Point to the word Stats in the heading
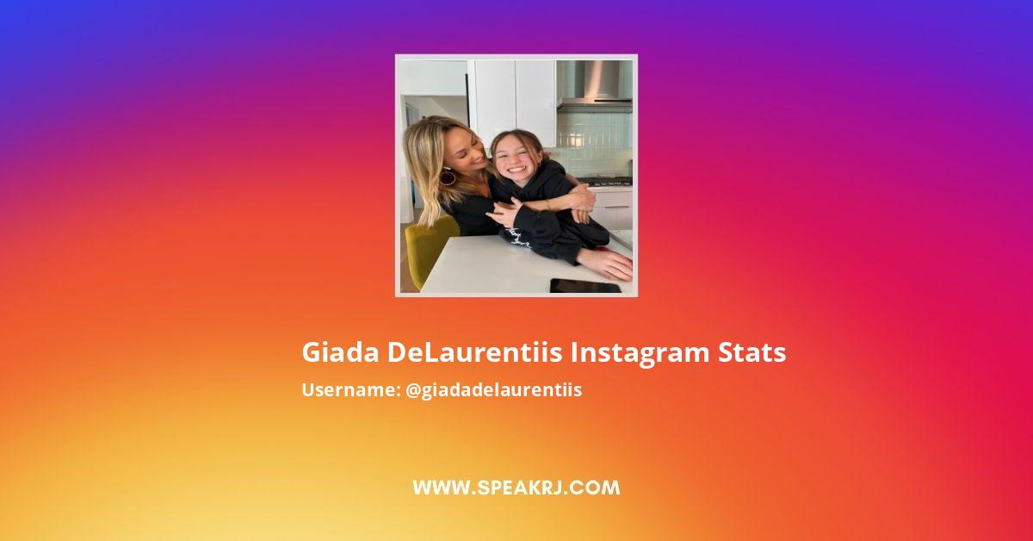point(752,353)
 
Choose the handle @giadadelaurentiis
point(494,390)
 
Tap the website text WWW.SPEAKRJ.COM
point(516,488)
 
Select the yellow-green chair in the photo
point(428,246)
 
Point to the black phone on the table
point(585,285)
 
